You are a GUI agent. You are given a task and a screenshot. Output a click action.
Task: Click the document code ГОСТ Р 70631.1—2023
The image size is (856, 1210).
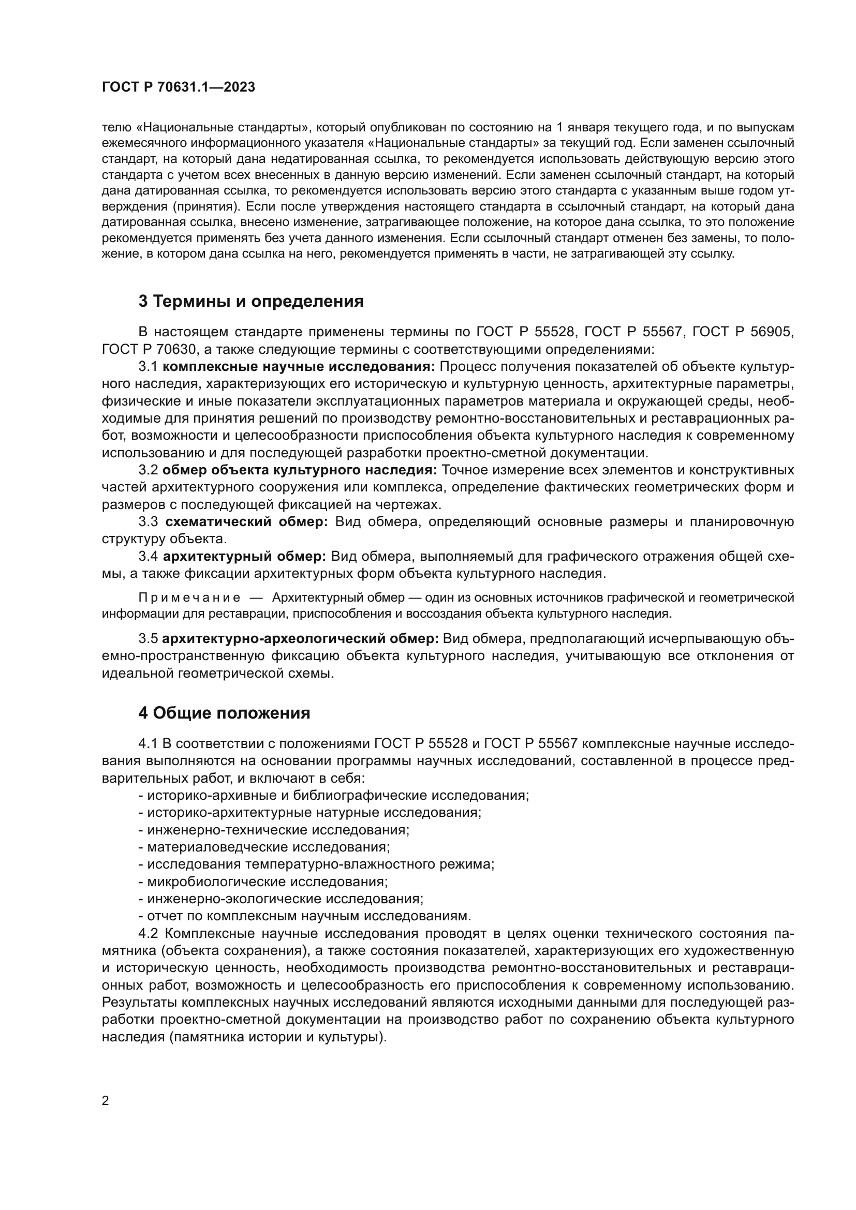[178, 87]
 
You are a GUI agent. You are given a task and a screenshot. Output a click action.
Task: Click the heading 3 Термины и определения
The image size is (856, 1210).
[250, 302]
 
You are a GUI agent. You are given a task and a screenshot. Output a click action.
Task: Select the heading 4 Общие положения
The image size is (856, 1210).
[224, 713]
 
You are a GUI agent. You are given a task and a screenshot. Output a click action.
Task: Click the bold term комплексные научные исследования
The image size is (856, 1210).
[299, 367]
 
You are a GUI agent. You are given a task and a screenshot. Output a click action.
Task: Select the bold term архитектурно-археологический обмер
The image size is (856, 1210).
[301, 639]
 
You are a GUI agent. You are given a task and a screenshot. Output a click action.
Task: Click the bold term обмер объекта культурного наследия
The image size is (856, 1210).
[299, 470]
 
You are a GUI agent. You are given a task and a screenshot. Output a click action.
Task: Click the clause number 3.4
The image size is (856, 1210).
[148, 557]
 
